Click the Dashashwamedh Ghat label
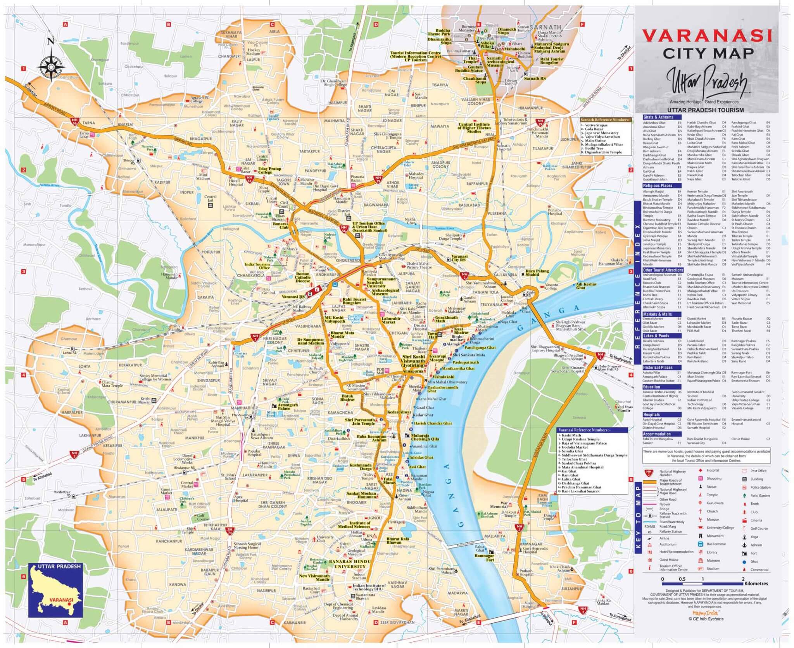(442, 389)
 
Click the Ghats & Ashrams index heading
(658, 117)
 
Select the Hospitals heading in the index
(651, 414)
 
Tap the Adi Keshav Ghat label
(586, 286)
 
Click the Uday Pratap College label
(269, 170)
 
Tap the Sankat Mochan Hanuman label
(361, 495)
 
